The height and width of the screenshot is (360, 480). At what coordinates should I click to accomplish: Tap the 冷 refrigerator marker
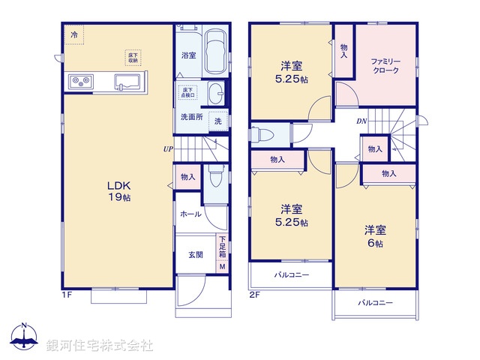pos(74,34)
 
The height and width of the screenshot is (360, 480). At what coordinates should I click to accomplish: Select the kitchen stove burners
pos(79,81)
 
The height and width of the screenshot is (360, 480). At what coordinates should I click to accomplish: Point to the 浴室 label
pos(188,55)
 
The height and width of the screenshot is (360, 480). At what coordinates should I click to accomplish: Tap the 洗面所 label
pos(190,118)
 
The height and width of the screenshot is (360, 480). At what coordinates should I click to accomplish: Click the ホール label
pos(190,214)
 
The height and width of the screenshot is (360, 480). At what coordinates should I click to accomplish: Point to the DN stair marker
pos(361,121)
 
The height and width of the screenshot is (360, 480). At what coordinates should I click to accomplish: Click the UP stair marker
pos(168,148)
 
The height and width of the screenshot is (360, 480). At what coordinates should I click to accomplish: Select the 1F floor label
pos(65,295)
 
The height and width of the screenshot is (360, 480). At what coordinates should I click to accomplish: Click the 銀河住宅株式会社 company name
pos(99,346)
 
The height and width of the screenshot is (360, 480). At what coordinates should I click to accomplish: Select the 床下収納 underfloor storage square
pos(133,58)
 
